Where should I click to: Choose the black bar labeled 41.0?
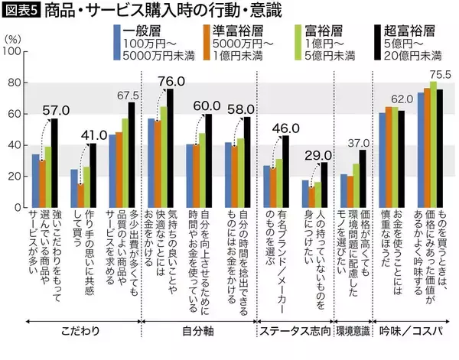[92, 176]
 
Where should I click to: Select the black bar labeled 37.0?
[362, 179]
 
